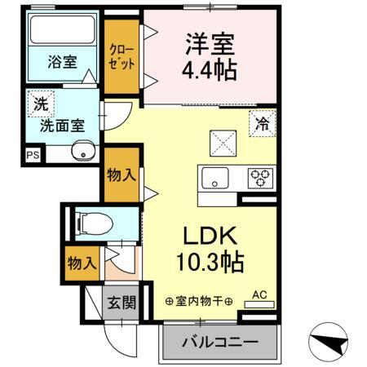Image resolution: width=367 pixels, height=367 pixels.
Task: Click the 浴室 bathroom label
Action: pos(60,61)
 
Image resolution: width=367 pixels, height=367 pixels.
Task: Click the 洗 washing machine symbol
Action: pos(39,104)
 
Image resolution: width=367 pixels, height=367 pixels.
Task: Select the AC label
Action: pos(260,294)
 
